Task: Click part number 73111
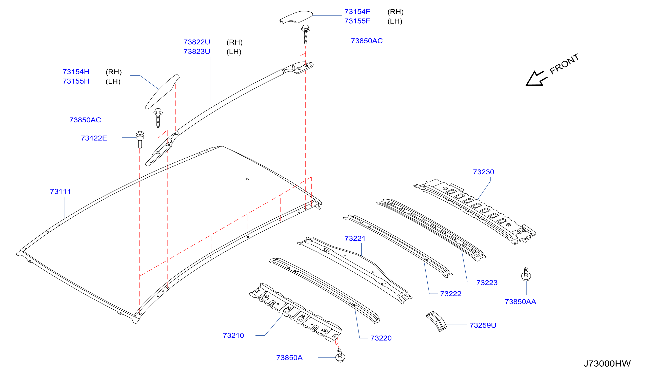61,192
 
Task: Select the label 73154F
357,12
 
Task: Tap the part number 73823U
197,52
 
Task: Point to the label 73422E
94,138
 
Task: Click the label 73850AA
520,302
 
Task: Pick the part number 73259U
483,325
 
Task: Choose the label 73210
233,335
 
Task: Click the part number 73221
355,238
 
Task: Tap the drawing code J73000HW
607,363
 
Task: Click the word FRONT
564,64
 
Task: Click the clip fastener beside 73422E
140,139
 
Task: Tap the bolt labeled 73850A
340,355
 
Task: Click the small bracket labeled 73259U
436,321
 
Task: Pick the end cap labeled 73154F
296,17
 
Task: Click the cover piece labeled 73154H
162,92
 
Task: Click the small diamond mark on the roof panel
247,179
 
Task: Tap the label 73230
483,172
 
